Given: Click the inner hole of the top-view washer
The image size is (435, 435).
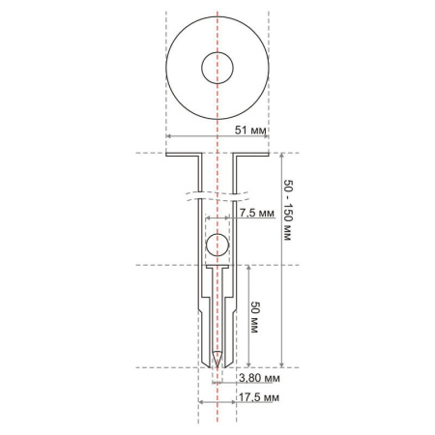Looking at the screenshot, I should [217, 69].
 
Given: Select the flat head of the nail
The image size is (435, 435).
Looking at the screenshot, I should [217, 266].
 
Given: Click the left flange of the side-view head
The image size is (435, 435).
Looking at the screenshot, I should [182, 155].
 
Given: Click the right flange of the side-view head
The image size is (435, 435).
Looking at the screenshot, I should [253, 155].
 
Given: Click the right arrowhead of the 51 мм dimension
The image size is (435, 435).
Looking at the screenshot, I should [265, 137].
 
